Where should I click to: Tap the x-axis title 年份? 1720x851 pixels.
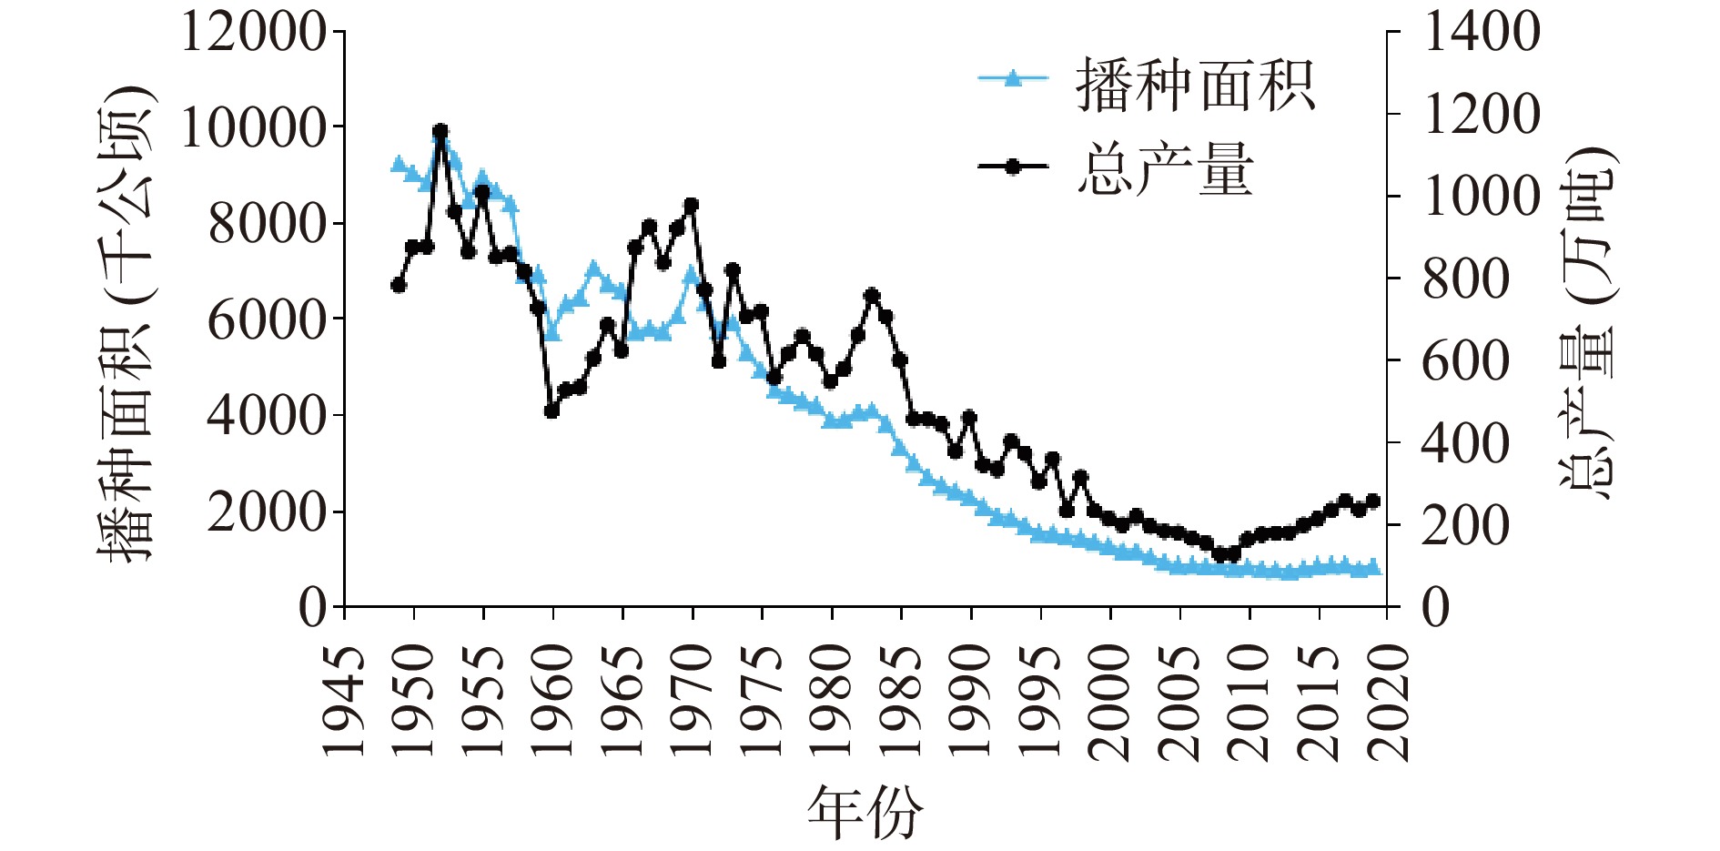[x=864, y=813]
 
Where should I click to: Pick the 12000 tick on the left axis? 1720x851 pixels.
[x=254, y=33]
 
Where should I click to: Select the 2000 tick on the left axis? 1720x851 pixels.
[x=267, y=512]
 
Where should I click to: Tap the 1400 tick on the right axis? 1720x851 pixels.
[x=1481, y=33]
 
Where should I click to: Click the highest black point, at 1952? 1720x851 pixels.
[x=440, y=131]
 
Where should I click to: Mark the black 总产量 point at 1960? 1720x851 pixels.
[x=551, y=410]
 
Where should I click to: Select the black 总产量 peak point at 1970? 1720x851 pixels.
[x=691, y=205]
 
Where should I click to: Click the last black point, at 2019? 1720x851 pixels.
[x=1373, y=501]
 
